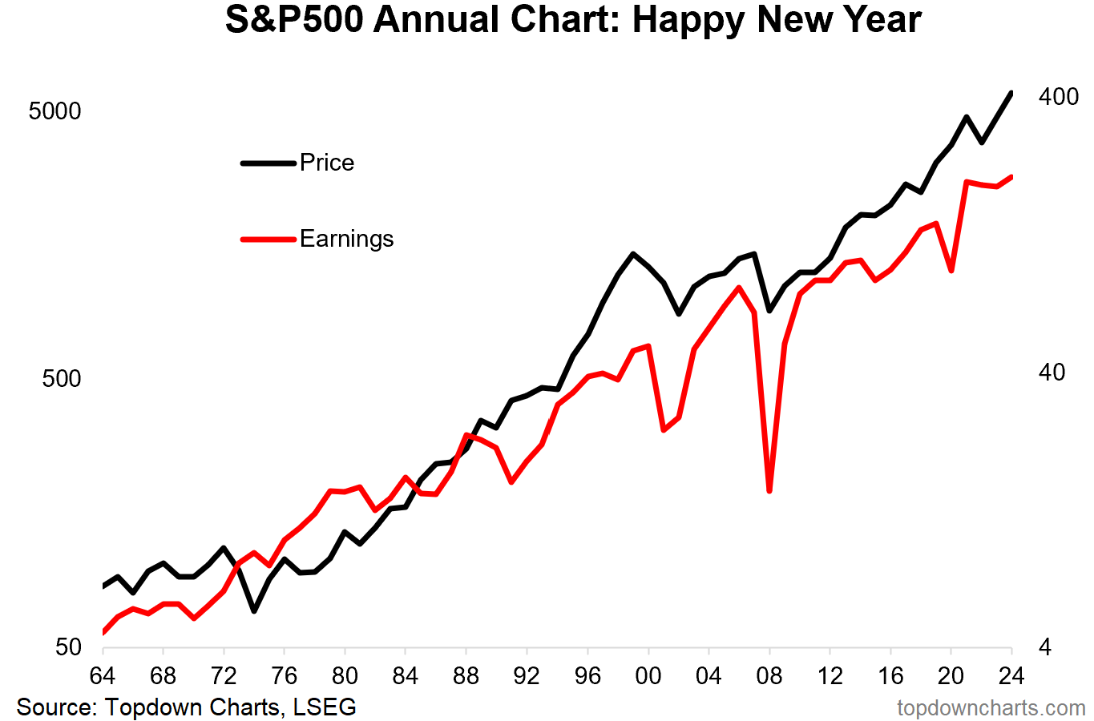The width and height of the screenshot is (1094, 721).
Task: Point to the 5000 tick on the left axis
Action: click(x=55, y=111)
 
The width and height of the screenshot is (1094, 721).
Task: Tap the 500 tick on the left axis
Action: click(x=62, y=379)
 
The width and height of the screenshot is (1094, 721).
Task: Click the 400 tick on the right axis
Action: click(x=1058, y=97)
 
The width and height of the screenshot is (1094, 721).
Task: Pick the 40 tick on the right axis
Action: click(x=1052, y=373)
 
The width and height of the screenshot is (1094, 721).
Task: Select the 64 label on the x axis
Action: click(x=103, y=675)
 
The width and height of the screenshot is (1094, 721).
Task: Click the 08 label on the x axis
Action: click(x=769, y=675)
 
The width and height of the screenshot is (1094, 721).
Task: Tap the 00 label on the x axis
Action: click(x=648, y=675)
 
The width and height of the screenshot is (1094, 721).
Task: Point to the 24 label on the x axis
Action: click(x=1011, y=675)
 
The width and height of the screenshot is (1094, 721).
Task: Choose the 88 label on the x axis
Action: click(x=466, y=675)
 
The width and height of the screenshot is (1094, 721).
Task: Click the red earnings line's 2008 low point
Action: click(x=769, y=490)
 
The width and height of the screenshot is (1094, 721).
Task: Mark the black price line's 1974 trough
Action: click(x=254, y=611)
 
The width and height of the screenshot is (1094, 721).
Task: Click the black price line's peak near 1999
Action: click(x=633, y=254)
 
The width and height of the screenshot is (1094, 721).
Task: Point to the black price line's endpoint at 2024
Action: click(x=1011, y=93)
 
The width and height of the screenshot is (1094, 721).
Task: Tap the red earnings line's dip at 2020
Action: click(x=951, y=271)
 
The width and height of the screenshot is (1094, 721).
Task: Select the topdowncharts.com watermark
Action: click(x=991, y=708)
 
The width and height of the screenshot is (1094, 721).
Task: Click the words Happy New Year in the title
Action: click(x=777, y=20)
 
